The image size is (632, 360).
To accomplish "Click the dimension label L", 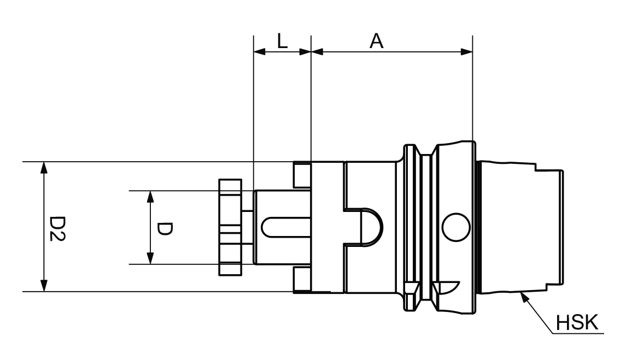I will (282, 42).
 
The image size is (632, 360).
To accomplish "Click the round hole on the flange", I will (456, 227).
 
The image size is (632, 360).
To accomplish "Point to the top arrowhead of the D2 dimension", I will (44, 167).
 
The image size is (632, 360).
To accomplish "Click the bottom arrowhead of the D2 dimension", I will (44, 286).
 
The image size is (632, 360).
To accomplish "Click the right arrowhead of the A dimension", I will (466, 52).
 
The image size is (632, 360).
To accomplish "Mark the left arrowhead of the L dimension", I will (259, 52).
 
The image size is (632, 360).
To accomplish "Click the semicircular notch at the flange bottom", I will (446, 286).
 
